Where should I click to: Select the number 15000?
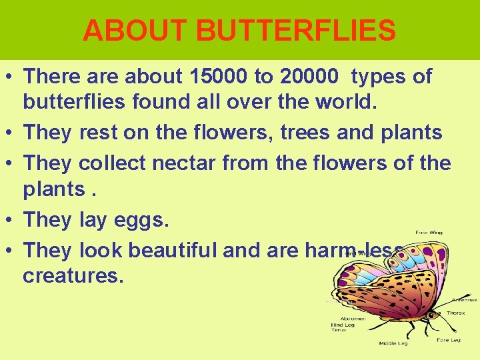(209, 77)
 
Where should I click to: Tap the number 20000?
(310, 77)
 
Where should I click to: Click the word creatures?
(73, 275)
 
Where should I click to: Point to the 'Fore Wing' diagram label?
(429, 233)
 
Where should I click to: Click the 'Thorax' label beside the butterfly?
(456, 313)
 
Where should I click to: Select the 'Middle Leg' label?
(393, 343)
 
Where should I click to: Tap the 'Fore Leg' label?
(448, 340)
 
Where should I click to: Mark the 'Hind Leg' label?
(344, 325)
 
